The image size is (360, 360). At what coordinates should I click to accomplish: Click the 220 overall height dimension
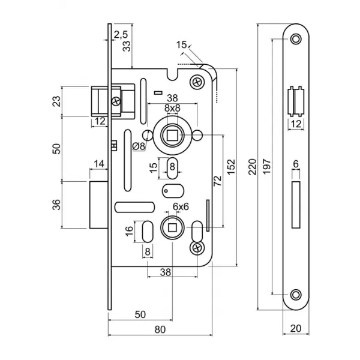[x=253, y=167]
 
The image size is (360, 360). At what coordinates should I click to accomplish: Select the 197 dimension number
[x=267, y=166]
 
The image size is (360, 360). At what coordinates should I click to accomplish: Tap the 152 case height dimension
[x=231, y=167]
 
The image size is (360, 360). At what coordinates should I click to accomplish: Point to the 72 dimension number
[x=218, y=181]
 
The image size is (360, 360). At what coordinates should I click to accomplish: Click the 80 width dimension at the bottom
[x=160, y=329]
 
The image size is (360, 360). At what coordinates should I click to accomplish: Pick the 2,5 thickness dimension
[x=121, y=35]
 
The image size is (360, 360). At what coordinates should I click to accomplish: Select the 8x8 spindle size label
[x=172, y=108]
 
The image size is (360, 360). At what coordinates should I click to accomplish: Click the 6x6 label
[x=181, y=206]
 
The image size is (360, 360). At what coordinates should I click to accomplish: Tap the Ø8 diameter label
[x=139, y=146]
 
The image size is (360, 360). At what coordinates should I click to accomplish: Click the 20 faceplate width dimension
[x=296, y=329]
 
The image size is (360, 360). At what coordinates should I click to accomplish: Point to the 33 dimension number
[x=127, y=46]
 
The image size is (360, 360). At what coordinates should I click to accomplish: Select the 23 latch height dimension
[x=57, y=101]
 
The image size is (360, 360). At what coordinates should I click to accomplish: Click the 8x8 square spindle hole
[x=171, y=135]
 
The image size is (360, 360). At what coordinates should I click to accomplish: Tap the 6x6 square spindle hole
[x=172, y=228]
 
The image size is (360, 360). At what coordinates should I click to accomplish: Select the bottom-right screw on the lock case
[x=197, y=248]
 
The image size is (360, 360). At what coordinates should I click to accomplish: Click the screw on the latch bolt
[x=116, y=101]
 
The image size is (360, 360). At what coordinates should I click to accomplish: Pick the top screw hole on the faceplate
[x=296, y=39]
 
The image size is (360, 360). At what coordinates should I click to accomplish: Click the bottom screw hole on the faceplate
[x=296, y=295]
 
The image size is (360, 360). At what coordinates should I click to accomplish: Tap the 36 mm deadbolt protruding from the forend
[x=98, y=205]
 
